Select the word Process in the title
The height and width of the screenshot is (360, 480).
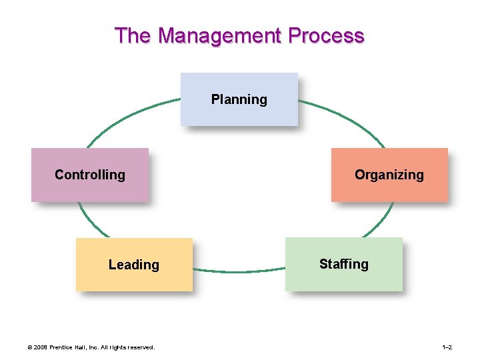327,35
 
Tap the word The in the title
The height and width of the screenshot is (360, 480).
133,35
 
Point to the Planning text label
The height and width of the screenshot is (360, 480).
239,100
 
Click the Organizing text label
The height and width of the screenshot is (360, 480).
389,175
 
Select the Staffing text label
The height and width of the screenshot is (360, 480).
343,264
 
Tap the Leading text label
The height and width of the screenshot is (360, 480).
134,265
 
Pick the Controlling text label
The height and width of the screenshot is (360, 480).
89,175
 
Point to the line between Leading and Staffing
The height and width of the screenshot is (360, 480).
239,271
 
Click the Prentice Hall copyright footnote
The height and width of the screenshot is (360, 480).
89,347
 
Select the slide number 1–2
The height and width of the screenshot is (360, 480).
447,347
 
